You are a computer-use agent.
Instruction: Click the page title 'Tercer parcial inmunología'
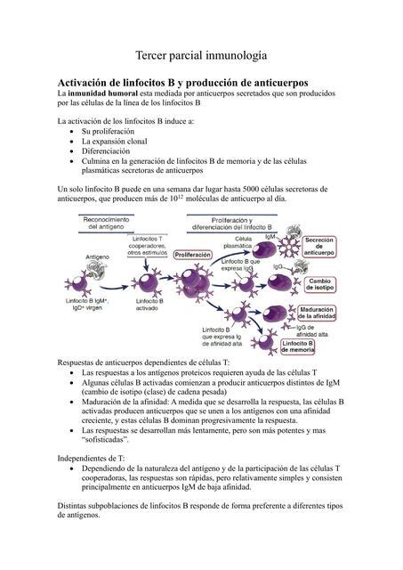pyautogui.click(x=201, y=55)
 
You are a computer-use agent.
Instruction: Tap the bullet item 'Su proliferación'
pyautogui.click(x=113, y=131)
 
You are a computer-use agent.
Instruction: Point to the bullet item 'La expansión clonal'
pyautogui.click(x=121, y=142)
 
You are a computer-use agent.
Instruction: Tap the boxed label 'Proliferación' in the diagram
pyautogui.click(x=193, y=255)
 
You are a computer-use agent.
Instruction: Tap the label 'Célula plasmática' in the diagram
pyautogui.click(x=244, y=244)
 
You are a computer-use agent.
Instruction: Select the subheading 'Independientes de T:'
pyautogui.click(x=91, y=458)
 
